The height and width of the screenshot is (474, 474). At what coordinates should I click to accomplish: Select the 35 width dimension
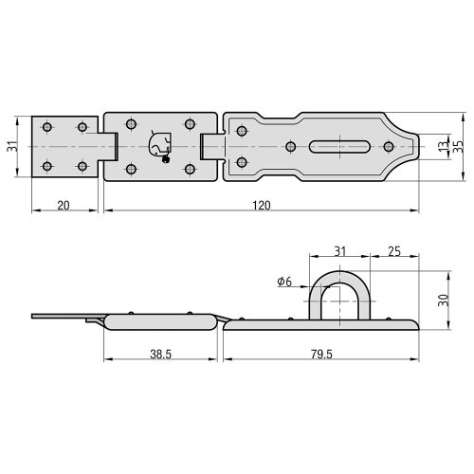click(x=459, y=146)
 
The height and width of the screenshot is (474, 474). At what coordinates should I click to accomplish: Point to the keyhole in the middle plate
click(x=159, y=144)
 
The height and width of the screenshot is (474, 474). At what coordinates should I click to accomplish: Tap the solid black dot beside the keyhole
click(x=167, y=158)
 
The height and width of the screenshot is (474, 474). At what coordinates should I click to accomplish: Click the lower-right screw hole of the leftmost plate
click(x=82, y=167)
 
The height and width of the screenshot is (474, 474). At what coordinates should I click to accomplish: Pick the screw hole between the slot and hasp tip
click(x=387, y=146)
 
